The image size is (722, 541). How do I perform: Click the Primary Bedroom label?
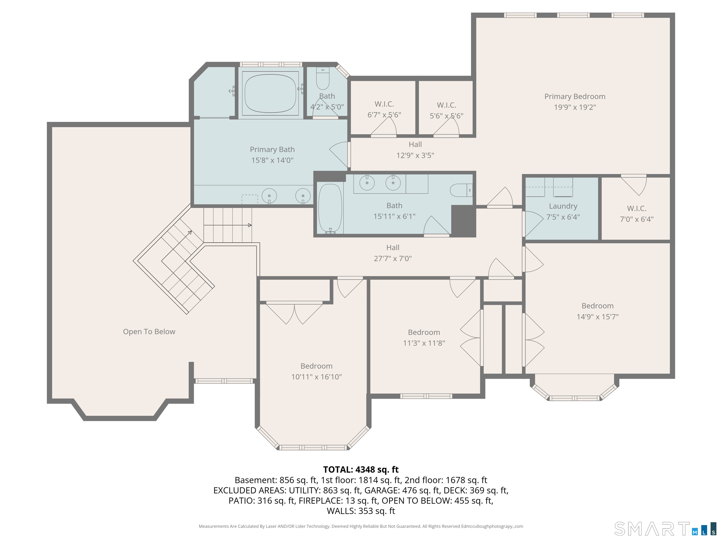click(x=575, y=97)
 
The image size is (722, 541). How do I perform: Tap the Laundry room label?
click(x=563, y=206)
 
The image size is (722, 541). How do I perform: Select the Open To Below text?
click(x=149, y=332)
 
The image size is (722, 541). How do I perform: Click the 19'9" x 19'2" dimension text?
click(x=575, y=107)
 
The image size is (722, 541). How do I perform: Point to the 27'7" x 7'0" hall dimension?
click(x=393, y=259)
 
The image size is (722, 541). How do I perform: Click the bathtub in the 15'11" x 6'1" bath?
click(x=330, y=209)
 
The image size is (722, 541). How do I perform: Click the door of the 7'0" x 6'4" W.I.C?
click(x=634, y=185)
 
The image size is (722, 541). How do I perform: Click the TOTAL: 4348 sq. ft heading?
click(x=361, y=470)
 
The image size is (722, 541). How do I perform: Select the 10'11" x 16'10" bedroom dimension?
click(x=316, y=377)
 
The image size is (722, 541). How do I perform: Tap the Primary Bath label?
click(x=272, y=150)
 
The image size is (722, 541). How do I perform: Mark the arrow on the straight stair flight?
click(x=228, y=225)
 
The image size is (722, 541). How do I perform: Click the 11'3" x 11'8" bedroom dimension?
click(x=424, y=343)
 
